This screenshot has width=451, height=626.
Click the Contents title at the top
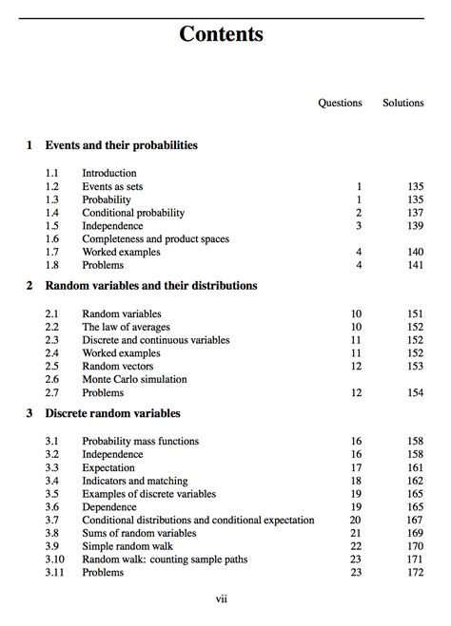[x=221, y=35]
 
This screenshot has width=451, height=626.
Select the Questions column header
[x=340, y=103]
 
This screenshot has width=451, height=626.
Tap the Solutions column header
[x=402, y=103]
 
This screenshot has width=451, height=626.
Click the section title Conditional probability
[x=133, y=213]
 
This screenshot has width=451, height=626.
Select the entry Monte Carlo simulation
[x=134, y=379]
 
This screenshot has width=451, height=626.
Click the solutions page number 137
[x=415, y=213]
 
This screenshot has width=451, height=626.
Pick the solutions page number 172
[x=415, y=573]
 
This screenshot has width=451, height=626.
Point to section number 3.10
[x=54, y=560]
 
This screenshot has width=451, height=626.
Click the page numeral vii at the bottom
[x=222, y=599]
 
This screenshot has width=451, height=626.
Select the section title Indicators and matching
[x=134, y=481]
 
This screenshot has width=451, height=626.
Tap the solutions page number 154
[x=415, y=392]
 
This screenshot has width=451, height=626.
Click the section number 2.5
[x=52, y=366]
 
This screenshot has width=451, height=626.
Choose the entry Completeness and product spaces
[x=155, y=239]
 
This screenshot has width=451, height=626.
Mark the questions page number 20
[x=356, y=520]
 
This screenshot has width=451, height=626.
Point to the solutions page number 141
[x=415, y=266]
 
